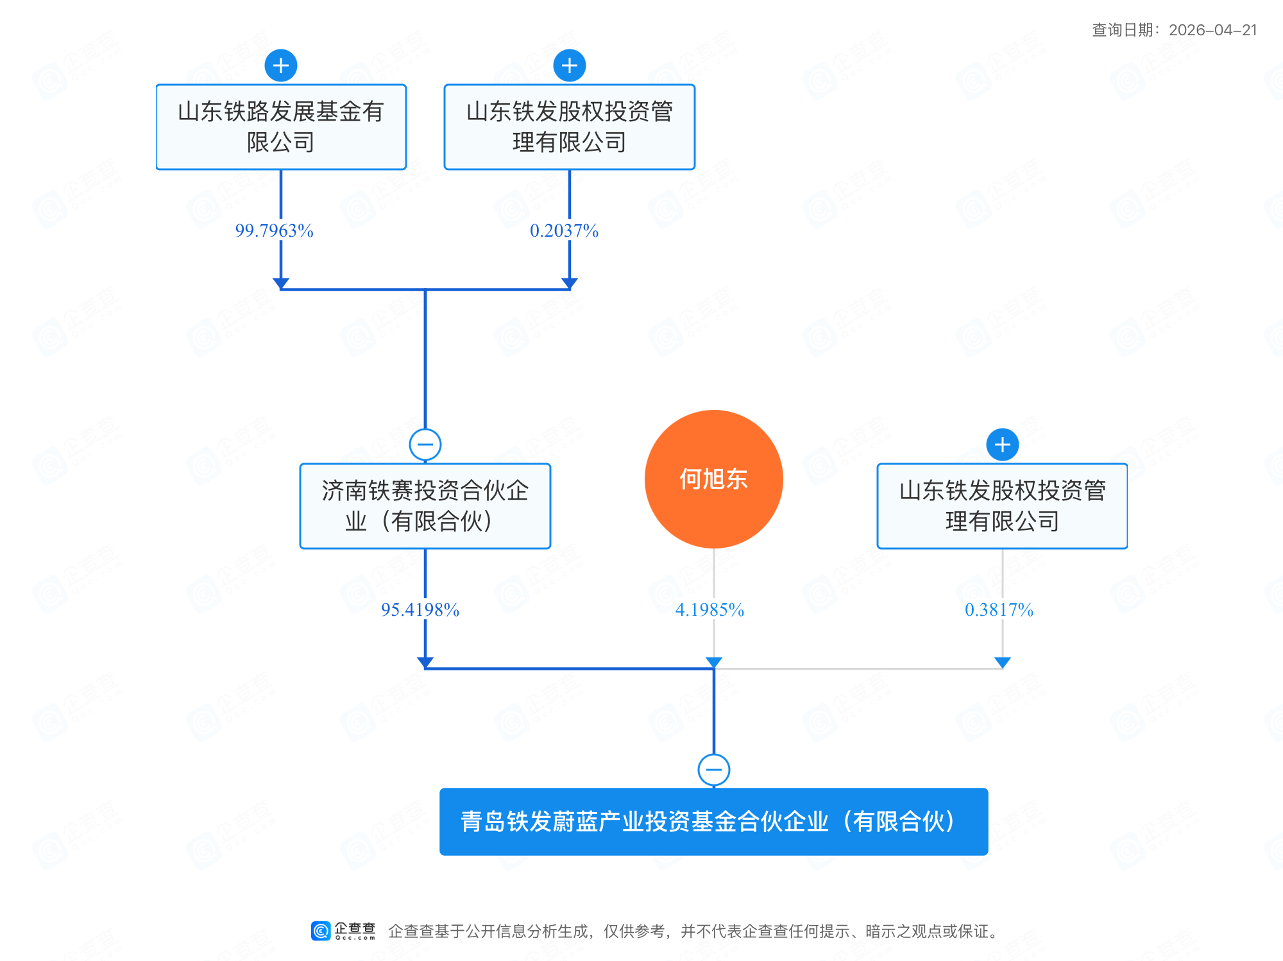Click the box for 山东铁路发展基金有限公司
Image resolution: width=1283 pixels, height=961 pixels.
point(281,127)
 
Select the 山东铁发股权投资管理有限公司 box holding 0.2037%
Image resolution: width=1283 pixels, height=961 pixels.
point(569,127)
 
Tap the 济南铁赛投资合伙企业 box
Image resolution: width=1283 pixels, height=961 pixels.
point(425,506)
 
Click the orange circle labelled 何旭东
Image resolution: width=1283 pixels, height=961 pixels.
point(713,479)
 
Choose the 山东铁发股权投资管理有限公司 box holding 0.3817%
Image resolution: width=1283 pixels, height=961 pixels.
point(1002,506)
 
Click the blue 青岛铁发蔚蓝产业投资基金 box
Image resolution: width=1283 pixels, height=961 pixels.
point(713,822)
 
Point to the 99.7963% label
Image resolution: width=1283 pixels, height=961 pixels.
point(275,230)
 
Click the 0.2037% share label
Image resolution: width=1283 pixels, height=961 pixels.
point(564,230)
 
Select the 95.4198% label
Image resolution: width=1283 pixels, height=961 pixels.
point(420,609)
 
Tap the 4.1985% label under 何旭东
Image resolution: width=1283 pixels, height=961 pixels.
point(709,609)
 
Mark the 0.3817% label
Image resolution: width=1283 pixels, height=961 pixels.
point(999,609)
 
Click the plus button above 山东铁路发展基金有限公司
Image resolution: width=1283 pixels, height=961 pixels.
point(281,65)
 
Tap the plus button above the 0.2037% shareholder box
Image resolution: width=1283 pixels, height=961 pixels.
point(570,65)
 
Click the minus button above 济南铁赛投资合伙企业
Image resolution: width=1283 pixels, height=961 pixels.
point(425,445)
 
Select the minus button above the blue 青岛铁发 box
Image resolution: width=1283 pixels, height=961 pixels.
point(714,769)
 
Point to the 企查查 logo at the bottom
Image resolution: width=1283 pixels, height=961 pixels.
point(344,931)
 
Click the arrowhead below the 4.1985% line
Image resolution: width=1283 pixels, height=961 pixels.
point(714,662)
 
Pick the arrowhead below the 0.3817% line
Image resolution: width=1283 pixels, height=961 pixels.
point(1003,662)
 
